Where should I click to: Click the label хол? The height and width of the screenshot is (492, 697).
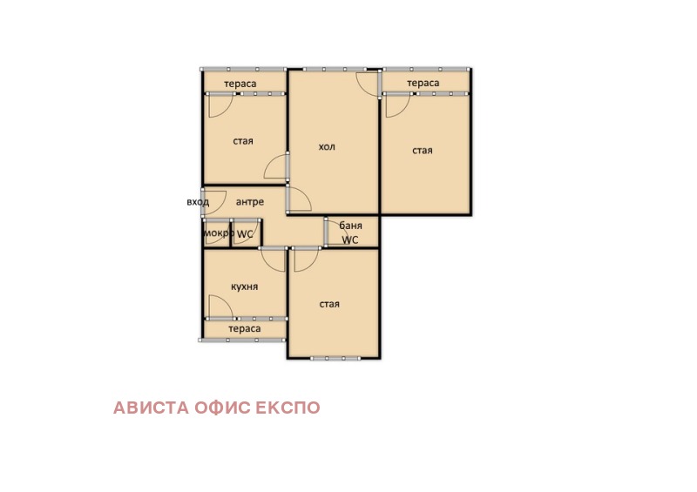pos(327,146)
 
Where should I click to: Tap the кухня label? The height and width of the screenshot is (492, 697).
pos(245,286)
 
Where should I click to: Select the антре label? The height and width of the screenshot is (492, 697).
pos(250,202)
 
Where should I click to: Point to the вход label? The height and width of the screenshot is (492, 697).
pos(198,202)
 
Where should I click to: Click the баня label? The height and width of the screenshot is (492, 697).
pos(351,226)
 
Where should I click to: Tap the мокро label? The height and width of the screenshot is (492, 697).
pos(219,233)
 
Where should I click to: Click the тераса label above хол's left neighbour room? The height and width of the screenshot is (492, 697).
pos(240,84)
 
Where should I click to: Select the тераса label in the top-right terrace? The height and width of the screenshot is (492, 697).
pos(423,83)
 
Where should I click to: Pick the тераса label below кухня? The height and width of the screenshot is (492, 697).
pos(245,329)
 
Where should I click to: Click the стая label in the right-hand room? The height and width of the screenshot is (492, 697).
pos(423,151)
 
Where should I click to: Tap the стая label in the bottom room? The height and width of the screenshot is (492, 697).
pos(329,304)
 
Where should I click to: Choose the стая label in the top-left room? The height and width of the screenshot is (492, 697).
pos(243,141)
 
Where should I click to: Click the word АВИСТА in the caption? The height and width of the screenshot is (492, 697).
pos(151,408)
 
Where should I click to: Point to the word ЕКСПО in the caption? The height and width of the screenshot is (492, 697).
pos(288,408)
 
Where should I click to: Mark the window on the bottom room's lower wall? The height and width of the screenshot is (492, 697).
pos(335,358)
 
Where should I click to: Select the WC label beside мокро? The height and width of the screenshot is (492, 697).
pos(245,233)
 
